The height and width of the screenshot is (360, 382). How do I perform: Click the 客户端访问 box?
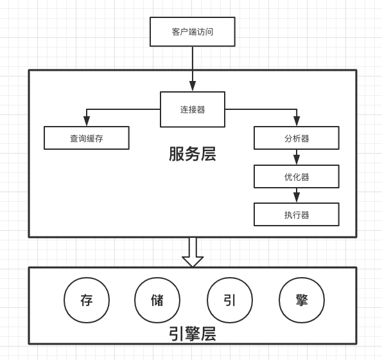(x=193, y=32)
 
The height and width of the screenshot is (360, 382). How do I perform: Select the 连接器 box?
(x=193, y=109)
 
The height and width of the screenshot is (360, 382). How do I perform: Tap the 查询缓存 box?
(x=87, y=138)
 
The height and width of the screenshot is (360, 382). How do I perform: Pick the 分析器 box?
(x=297, y=138)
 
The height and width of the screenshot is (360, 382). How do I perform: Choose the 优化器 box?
(x=297, y=177)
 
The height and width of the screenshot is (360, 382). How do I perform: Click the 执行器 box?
(x=297, y=215)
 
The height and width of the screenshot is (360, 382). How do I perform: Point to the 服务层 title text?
(x=193, y=154)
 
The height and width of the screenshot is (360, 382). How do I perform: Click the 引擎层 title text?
(x=193, y=334)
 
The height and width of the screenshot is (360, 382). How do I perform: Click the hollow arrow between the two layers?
(x=193, y=253)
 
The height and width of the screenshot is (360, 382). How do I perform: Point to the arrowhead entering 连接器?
(x=193, y=86)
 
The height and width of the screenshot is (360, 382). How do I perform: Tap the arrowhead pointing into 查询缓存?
(x=87, y=122)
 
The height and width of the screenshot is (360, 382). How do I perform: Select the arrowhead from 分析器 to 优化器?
(x=297, y=160)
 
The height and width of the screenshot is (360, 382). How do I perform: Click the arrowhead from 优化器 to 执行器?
(x=297, y=198)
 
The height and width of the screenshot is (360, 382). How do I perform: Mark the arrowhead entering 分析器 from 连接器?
(x=297, y=122)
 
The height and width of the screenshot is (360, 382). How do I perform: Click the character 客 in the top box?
(x=176, y=32)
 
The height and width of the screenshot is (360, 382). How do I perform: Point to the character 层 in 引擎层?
(x=208, y=334)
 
